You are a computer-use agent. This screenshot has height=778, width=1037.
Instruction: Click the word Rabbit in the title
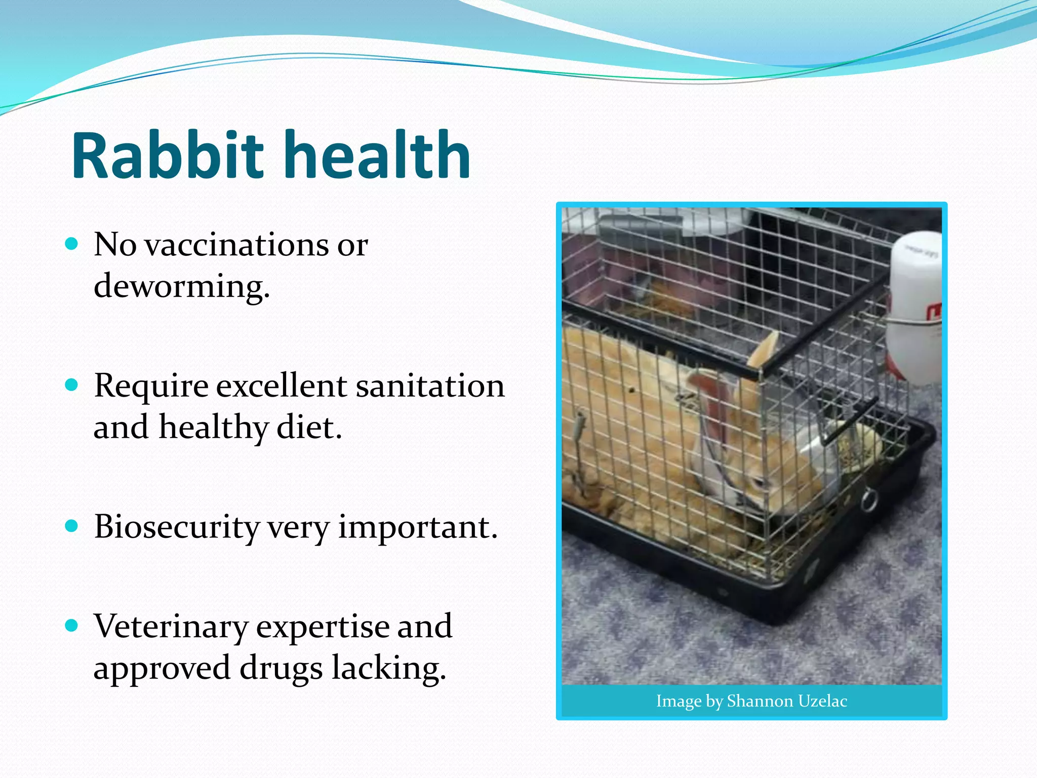click(x=167, y=156)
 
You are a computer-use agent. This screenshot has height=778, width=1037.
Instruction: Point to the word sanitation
click(x=430, y=386)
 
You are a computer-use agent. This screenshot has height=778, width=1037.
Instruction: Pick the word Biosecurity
click(x=176, y=527)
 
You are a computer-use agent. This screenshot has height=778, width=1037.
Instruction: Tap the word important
click(x=417, y=527)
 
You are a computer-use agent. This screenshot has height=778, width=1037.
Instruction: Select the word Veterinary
click(x=171, y=627)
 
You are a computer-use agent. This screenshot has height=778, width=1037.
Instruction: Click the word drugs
click(x=281, y=668)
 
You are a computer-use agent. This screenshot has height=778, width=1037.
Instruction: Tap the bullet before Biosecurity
click(x=72, y=526)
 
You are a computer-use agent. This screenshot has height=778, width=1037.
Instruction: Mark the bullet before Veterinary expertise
click(x=72, y=626)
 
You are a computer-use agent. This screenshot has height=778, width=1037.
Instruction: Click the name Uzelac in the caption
click(x=822, y=701)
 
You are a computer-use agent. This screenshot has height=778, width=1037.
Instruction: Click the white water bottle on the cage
click(x=914, y=304)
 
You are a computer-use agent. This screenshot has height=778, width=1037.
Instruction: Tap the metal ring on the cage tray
click(x=869, y=499)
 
